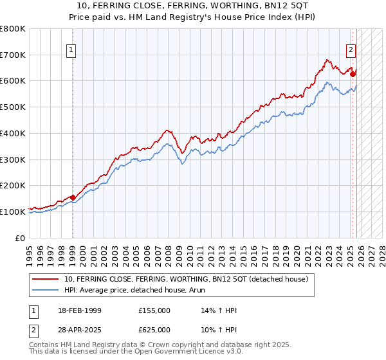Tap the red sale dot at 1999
pyautogui.click(x=73, y=197)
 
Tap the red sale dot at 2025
pyautogui.click(x=353, y=74)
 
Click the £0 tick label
pyautogui.click(x=21, y=238)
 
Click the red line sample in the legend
pyautogui.click(x=46, y=279)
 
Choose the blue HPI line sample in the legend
pyautogui.click(x=46, y=290)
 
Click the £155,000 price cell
pyautogui.click(x=154, y=310)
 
